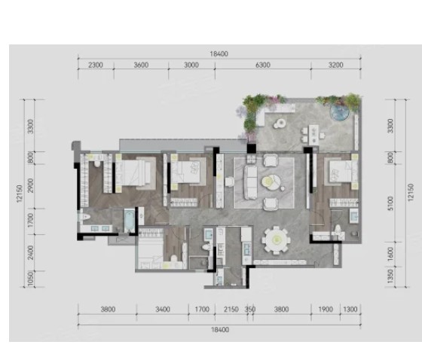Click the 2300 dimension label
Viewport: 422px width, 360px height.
point(96,65)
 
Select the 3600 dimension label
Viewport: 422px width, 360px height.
point(141,65)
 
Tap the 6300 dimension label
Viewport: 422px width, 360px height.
point(263,65)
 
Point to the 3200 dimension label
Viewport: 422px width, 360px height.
point(336,65)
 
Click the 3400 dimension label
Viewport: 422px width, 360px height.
point(163,309)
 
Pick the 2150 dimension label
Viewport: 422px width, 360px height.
point(231,309)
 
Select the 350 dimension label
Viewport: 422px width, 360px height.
point(250,309)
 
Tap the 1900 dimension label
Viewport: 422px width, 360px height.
point(326,309)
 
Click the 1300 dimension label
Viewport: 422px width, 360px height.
point(350,309)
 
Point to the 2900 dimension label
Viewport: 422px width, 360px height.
point(30,185)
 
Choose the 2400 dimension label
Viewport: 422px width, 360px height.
point(30,252)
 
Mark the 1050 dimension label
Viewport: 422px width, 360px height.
point(30,279)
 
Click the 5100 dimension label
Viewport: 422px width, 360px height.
point(390,203)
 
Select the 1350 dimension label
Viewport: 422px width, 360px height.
point(390,276)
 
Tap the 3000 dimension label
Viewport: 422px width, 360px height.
point(191,65)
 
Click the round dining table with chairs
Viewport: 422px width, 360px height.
point(277,240)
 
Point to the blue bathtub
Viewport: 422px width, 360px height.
point(129,221)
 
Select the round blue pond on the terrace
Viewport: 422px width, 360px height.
point(340,112)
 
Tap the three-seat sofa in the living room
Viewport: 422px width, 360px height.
point(250,182)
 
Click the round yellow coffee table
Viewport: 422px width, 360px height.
point(270,182)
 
